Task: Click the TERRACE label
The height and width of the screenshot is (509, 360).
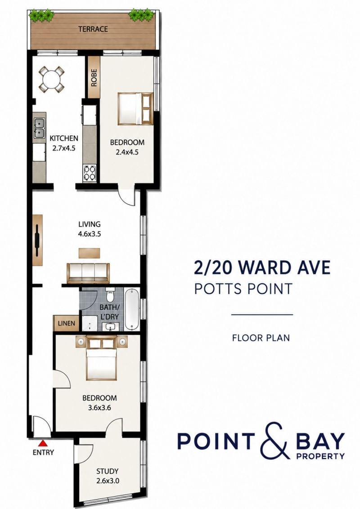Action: [x=93, y=29]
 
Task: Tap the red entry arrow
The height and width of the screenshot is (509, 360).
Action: [x=43, y=443]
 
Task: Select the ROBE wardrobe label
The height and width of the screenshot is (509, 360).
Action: [x=94, y=78]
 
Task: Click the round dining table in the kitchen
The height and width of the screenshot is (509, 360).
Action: [x=51, y=79]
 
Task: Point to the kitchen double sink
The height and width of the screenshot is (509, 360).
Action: [x=40, y=127]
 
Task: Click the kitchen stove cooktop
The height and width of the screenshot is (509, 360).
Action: [x=90, y=173]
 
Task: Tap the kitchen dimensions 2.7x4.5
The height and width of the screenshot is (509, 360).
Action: [x=64, y=148]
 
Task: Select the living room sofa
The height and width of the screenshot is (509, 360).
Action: [x=88, y=272]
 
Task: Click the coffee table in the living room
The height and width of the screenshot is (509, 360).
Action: [x=90, y=253]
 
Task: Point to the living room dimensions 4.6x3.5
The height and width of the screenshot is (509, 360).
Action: [x=90, y=234]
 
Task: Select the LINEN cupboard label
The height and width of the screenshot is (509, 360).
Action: [x=66, y=323]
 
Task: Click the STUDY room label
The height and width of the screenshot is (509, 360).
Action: [x=107, y=471]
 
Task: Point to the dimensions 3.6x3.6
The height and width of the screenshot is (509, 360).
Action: [x=99, y=407]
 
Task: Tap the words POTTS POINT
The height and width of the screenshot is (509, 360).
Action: [x=243, y=288]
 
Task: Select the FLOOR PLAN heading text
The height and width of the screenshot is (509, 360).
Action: [x=261, y=338]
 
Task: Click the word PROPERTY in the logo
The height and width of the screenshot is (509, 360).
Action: [x=320, y=456]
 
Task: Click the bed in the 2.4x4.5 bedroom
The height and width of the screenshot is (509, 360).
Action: [x=135, y=109]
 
